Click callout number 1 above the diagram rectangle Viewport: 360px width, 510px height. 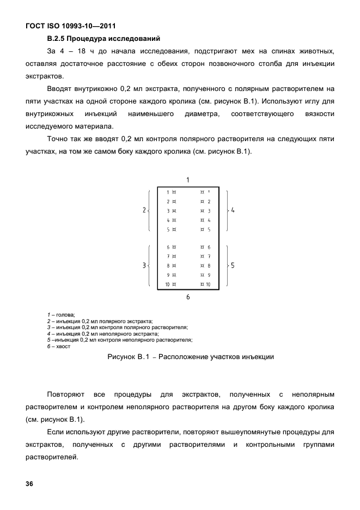tap(188, 179)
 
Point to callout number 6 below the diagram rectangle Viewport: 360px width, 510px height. tap(188, 297)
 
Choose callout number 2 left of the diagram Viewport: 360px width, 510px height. tap(144, 210)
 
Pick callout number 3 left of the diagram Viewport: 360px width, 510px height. tap(144, 265)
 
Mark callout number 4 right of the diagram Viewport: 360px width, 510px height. tap(233, 210)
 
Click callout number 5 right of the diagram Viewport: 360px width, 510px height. tap(233, 265)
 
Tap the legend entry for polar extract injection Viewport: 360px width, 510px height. tap(100, 321)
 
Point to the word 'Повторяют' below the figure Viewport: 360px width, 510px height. tap(65, 393)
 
